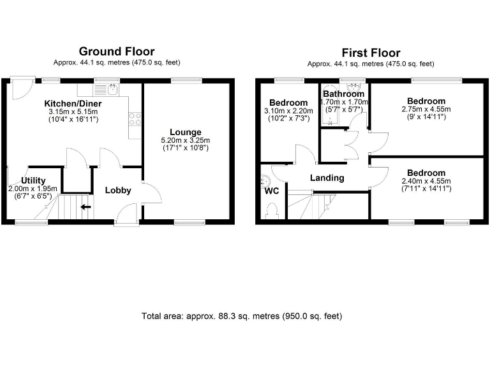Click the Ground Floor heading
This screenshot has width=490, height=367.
pos(116,51)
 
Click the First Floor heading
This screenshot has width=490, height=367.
pos(371,52)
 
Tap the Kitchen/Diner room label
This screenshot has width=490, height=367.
pos(73,104)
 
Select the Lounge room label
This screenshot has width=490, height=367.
pos(186,132)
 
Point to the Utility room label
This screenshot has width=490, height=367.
pos(33,180)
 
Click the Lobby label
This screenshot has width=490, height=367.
pos(118,190)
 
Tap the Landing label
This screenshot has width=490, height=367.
pos(327,178)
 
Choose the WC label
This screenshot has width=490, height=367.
pos(271,190)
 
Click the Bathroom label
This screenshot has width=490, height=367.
pos(343,94)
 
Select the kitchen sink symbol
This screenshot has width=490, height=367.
pos(112,89)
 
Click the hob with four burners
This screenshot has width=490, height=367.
pos(135,119)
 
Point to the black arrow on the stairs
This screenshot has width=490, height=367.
pos(85,206)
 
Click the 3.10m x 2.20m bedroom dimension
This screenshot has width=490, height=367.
pos(288,111)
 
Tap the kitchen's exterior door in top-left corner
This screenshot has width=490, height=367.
pos(23,87)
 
